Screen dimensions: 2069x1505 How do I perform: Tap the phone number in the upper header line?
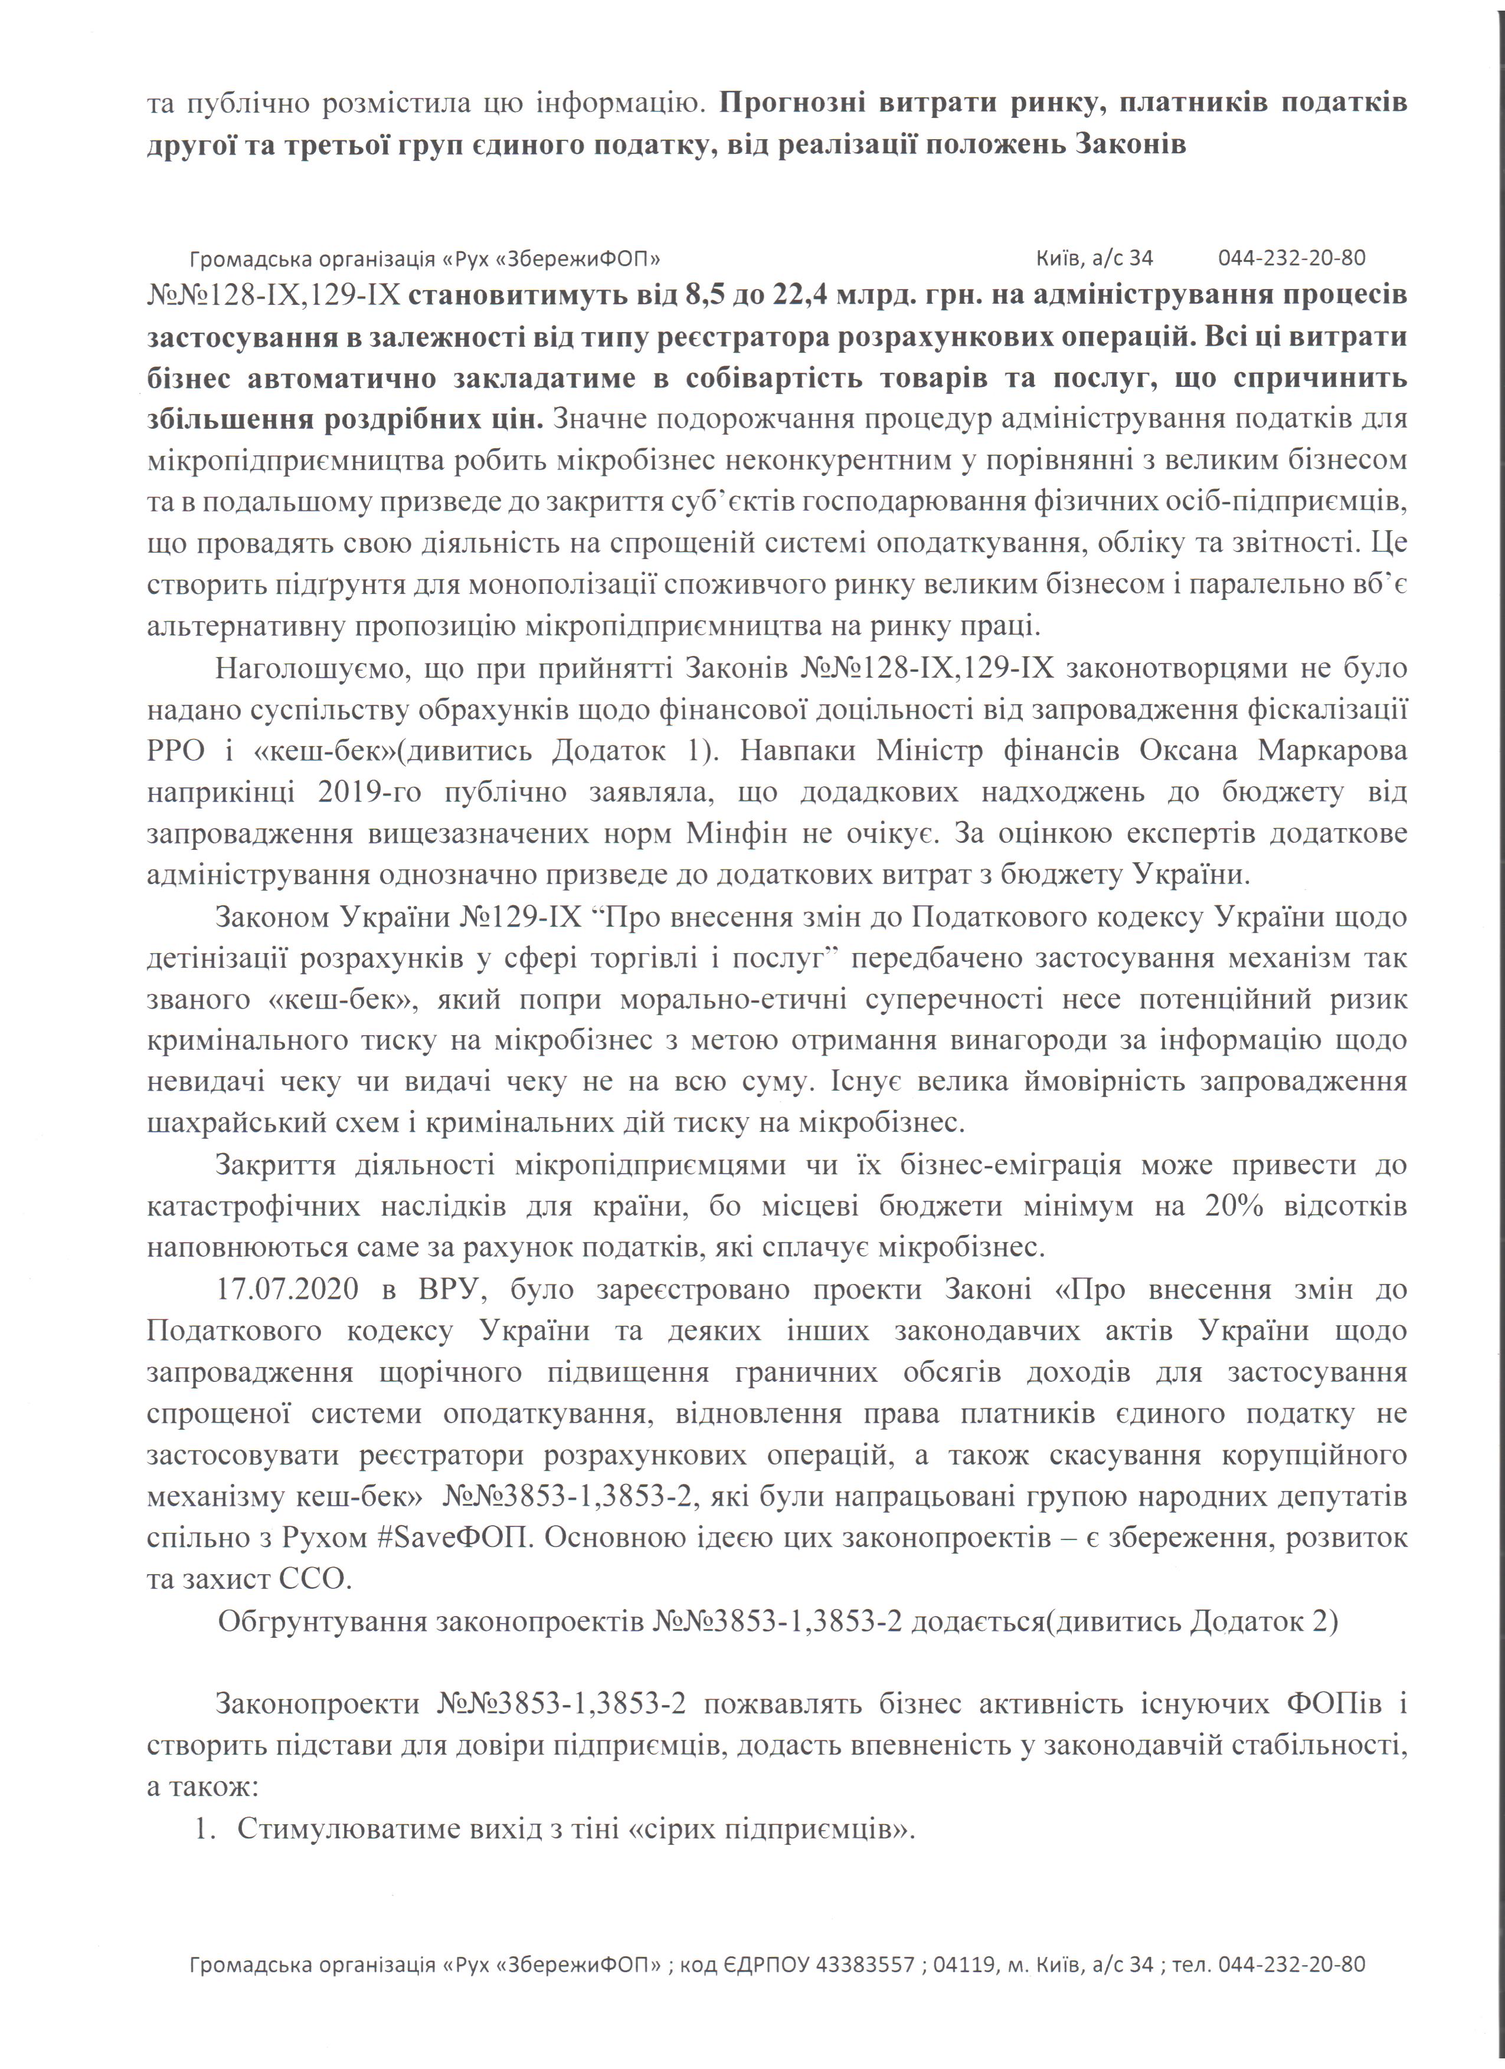1291,258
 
